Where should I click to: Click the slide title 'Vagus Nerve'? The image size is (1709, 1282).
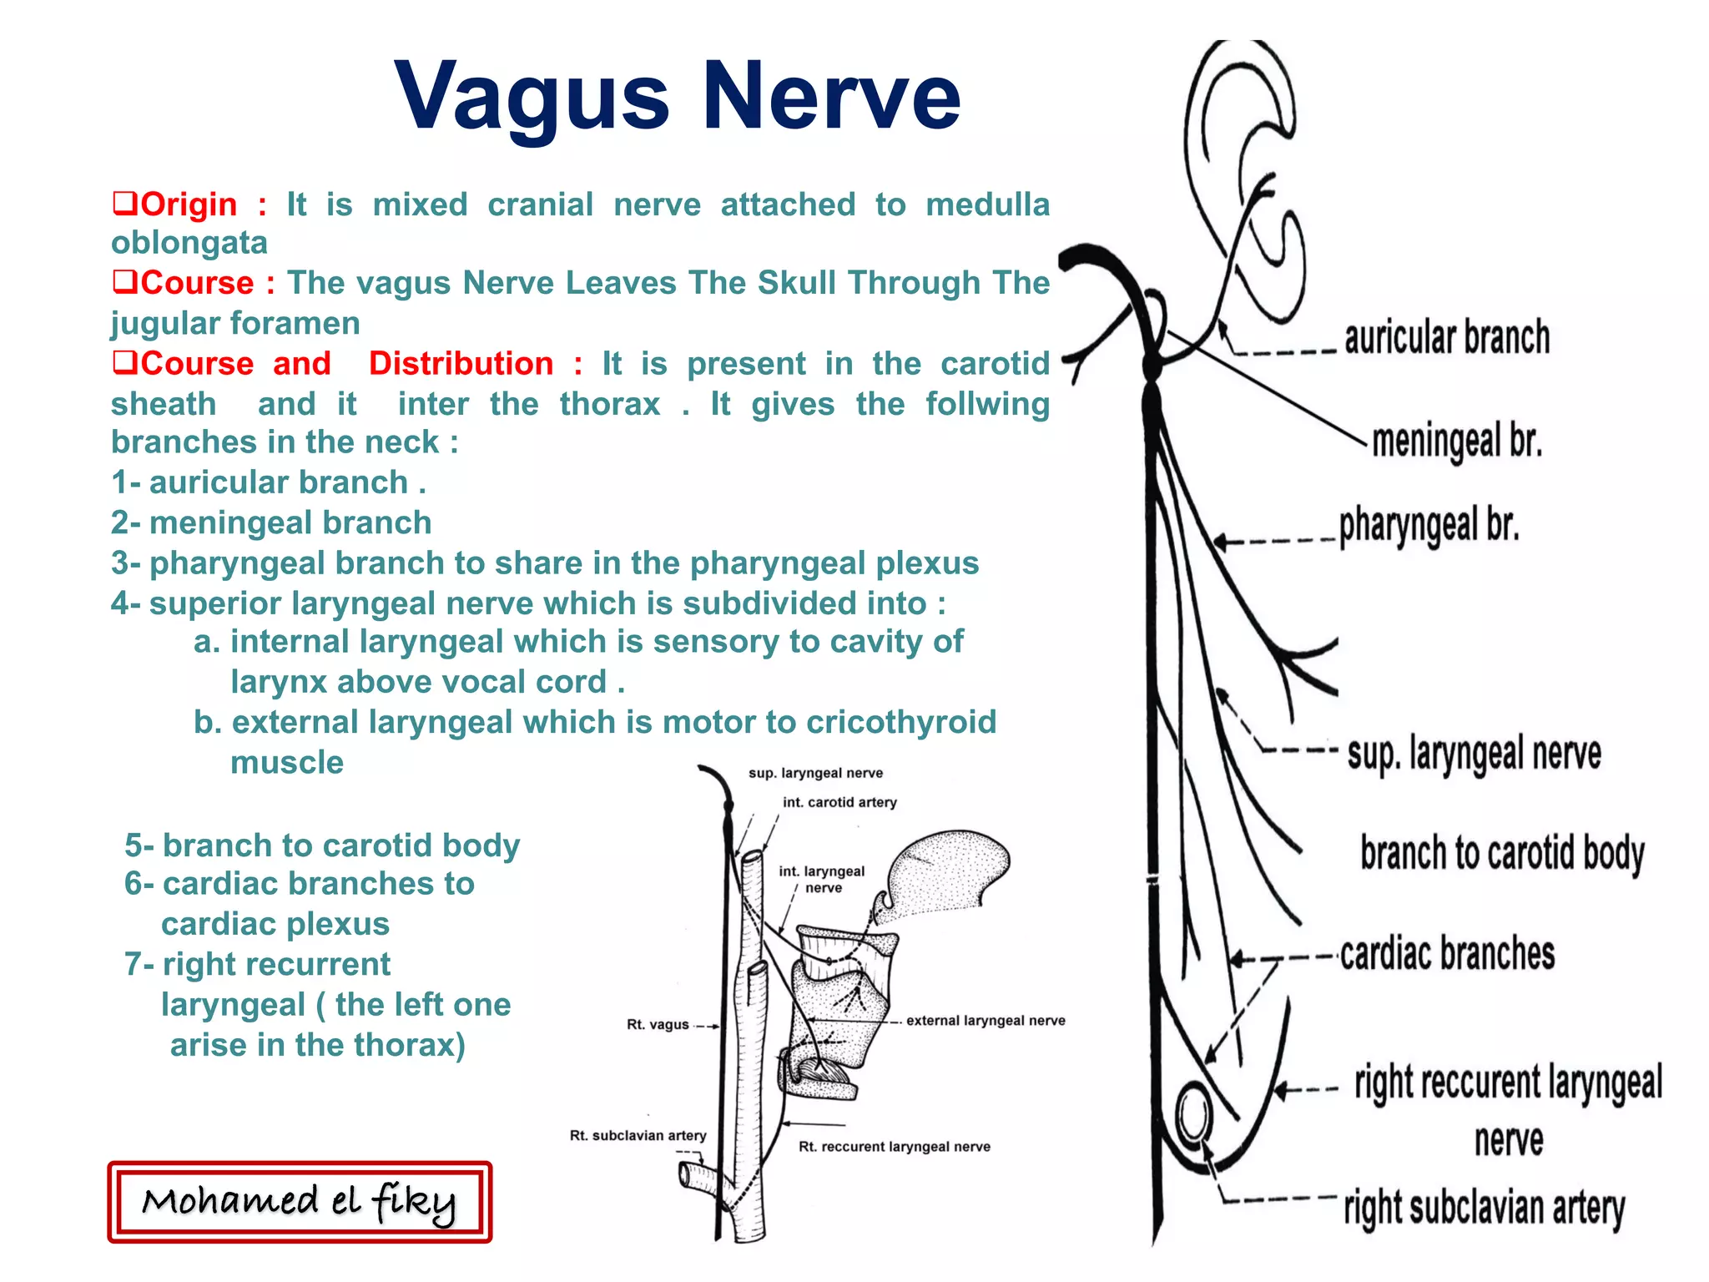coord(677,97)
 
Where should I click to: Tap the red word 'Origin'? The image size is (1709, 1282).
coord(189,204)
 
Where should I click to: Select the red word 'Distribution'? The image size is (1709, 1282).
coord(461,364)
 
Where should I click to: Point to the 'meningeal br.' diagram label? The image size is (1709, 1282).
coord(1457,441)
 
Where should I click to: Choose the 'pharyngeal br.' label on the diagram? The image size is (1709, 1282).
coord(1429,525)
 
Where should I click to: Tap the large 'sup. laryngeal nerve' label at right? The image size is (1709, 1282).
coord(1474,754)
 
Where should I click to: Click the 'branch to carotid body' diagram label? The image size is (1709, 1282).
coord(1502,853)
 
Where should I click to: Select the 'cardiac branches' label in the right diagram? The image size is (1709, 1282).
coord(1448,954)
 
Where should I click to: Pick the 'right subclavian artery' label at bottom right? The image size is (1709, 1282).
coord(1485,1208)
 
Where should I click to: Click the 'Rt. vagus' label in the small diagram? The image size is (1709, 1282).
coord(658,1025)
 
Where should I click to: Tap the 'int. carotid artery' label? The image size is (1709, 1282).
coord(839,803)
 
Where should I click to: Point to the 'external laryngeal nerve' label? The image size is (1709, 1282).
coord(986,1021)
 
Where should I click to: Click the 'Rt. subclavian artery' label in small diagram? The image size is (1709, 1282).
coord(638,1136)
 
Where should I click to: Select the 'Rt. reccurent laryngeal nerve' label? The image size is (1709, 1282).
coord(895,1147)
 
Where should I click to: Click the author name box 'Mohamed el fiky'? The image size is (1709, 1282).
coord(300,1202)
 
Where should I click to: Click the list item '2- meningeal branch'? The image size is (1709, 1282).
coord(271,523)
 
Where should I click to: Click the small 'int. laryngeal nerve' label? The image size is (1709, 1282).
coord(822,879)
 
